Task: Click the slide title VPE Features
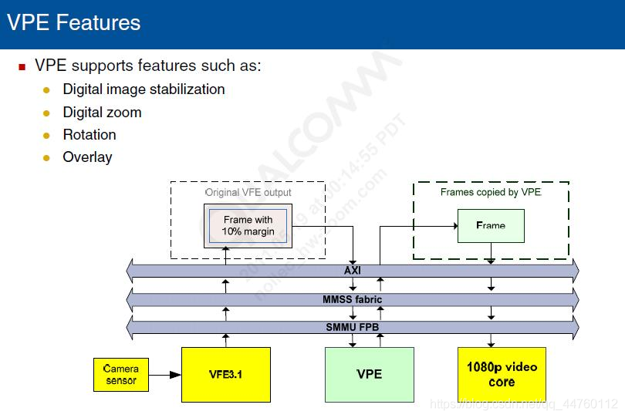click(x=74, y=22)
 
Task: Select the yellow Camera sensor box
click(x=121, y=375)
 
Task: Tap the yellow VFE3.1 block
click(x=226, y=375)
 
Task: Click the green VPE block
click(x=369, y=375)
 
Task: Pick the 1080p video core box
click(x=502, y=375)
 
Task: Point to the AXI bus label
click(x=353, y=271)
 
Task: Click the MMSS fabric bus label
click(x=353, y=299)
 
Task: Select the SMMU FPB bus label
click(x=353, y=328)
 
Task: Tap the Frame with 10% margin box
click(x=248, y=225)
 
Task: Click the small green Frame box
click(x=491, y=226)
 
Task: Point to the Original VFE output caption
click(x=248, y=192)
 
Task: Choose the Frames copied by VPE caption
click(x=491, y=192)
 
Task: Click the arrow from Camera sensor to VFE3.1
click(x=165, y=376)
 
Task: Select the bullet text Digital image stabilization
click(x=144, y=89)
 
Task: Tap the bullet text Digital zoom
click(x=102, y=113)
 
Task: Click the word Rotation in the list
click(x=90, y=135)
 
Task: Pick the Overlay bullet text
click(x=87, y=157)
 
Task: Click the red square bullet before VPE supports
click(x=22, y=67)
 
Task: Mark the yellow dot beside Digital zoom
click(x=46, y=113)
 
